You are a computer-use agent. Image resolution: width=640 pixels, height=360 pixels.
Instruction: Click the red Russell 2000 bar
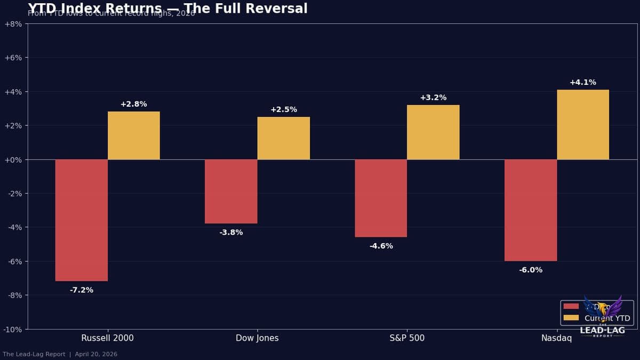81,220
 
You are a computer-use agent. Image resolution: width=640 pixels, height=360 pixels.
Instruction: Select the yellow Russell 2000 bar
133,135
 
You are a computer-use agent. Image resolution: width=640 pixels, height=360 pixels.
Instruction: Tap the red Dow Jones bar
231,191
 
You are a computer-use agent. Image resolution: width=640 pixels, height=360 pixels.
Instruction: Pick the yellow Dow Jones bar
283,138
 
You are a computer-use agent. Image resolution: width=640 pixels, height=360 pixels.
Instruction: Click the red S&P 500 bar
381,198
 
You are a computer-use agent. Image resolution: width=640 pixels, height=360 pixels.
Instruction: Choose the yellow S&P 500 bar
433,132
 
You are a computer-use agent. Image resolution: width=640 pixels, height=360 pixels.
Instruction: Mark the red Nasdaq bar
531,210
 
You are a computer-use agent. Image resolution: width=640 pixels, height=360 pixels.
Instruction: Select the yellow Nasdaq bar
583,124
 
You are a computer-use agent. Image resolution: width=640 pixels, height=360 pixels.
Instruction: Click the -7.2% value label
81,290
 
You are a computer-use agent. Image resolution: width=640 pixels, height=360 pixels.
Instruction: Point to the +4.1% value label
583,83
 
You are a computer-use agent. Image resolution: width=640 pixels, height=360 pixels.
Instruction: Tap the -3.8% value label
231,233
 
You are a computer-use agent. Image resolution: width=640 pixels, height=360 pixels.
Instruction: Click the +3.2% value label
433,98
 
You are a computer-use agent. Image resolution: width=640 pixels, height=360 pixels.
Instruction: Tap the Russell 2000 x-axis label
107,338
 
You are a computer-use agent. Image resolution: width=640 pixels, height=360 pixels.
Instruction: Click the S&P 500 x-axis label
407,338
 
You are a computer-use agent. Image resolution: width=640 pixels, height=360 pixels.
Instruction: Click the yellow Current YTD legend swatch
571,318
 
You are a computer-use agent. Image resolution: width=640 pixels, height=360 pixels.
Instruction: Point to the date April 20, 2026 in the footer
96,354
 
